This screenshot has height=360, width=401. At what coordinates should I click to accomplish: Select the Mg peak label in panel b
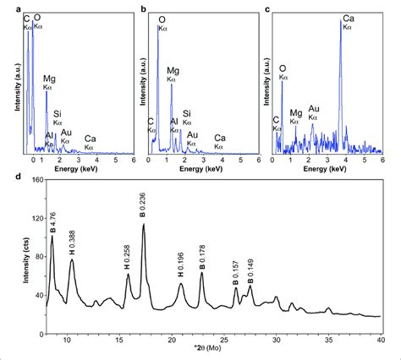point(173,74)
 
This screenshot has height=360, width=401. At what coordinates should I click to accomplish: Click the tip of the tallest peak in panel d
point(144,225)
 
